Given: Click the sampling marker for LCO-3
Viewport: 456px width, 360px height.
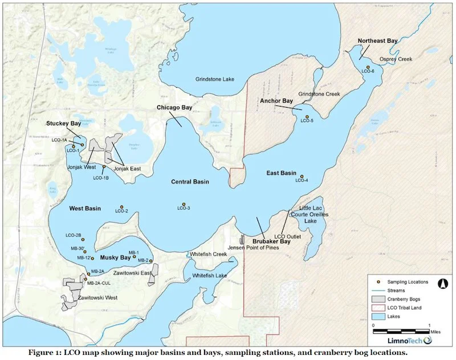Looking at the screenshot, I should [x=184, y=204].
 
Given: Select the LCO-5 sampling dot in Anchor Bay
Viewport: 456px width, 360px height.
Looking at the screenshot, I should [x=307, y=117].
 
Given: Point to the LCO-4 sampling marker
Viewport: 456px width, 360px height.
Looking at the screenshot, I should [x=302, y=176].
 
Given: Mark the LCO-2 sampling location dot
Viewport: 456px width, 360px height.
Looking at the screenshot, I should [x=121, y=207].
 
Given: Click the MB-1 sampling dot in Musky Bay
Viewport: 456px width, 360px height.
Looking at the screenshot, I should [x=135, y=257].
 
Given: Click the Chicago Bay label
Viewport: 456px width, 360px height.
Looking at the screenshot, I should [x=174, y=108].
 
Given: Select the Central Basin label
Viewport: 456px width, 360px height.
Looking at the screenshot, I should [x=190, y=182].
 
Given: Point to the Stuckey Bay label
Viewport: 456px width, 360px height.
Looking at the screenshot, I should [x=64, y=123].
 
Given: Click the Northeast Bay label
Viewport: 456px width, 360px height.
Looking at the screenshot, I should [x=377, y=41].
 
